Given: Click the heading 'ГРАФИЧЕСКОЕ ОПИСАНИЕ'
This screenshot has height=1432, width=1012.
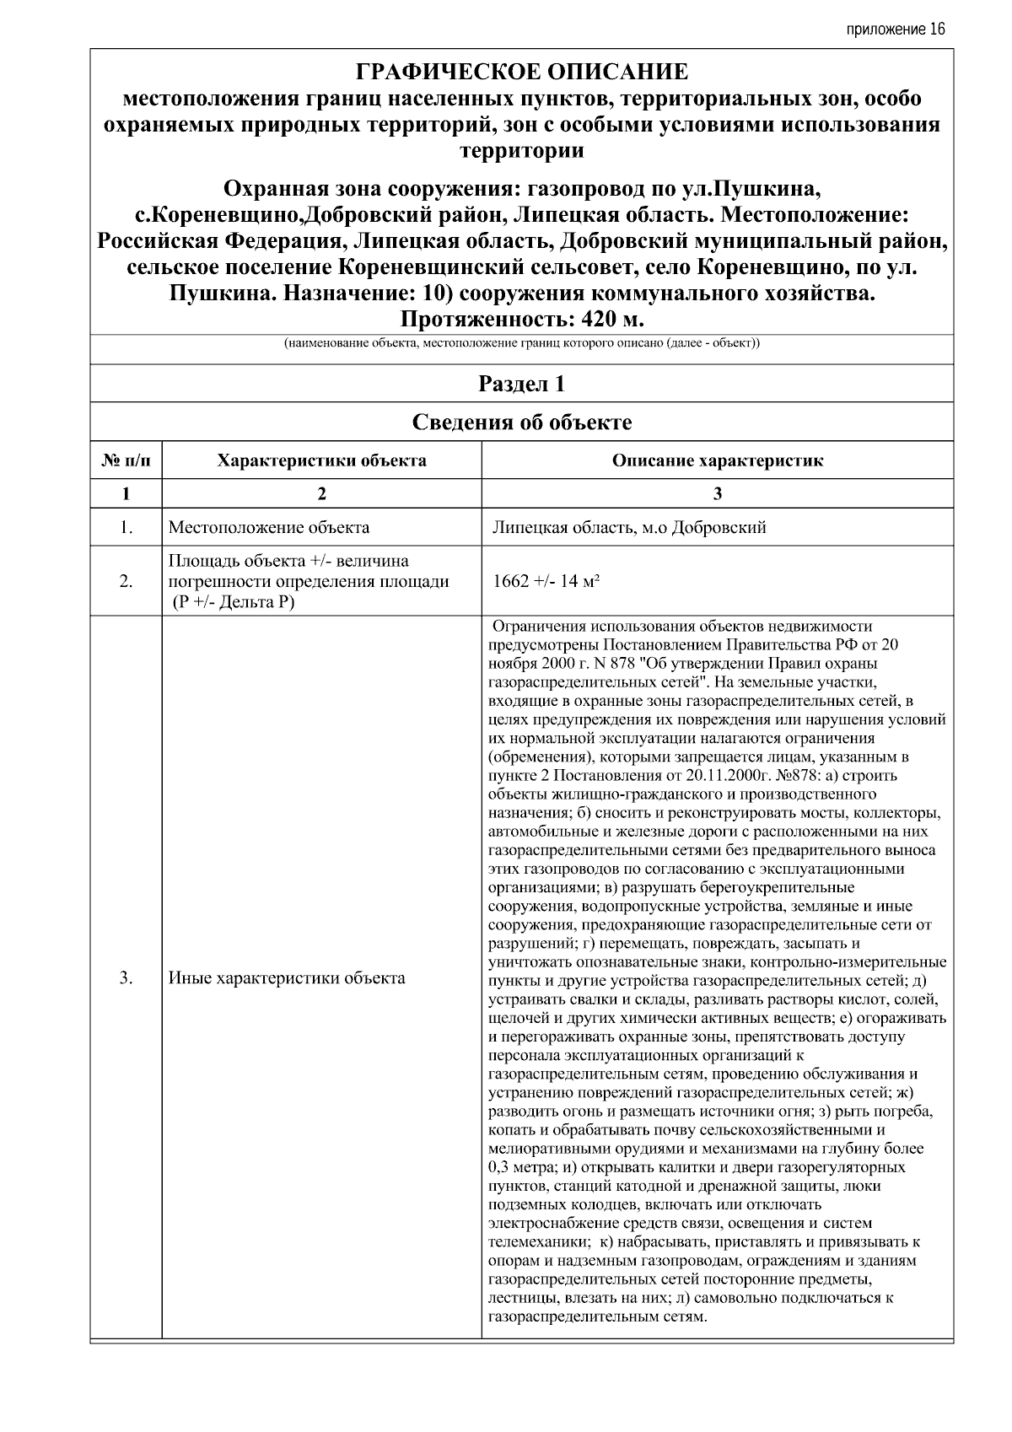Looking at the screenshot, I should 521,72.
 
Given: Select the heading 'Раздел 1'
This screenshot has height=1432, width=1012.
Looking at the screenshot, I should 521,385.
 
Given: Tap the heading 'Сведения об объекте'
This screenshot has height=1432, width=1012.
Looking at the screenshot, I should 521,423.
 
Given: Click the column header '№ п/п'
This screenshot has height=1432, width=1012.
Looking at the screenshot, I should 126,460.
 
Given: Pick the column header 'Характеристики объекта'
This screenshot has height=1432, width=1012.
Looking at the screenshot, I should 321,460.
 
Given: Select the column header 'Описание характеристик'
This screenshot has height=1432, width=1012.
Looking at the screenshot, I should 717,460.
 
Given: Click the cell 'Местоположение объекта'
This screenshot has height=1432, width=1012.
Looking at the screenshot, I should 269,528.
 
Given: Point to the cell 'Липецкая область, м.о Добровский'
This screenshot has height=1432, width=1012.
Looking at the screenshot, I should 629,528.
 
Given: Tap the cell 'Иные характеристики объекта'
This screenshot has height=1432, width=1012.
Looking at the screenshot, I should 287,978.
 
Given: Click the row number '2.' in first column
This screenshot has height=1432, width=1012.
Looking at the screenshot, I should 126,582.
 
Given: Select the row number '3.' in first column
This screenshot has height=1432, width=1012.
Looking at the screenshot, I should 126,978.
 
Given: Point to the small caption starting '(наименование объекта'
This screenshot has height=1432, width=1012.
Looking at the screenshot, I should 521,344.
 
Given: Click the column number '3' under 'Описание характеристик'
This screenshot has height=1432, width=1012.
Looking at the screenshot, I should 717,494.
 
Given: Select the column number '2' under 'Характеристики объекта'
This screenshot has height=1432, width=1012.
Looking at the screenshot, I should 321,494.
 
